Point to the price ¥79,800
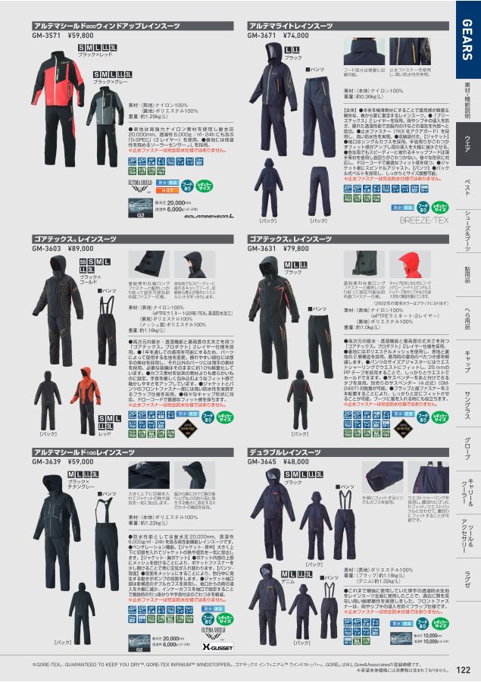298,247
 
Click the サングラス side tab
467,409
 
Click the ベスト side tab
467,186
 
